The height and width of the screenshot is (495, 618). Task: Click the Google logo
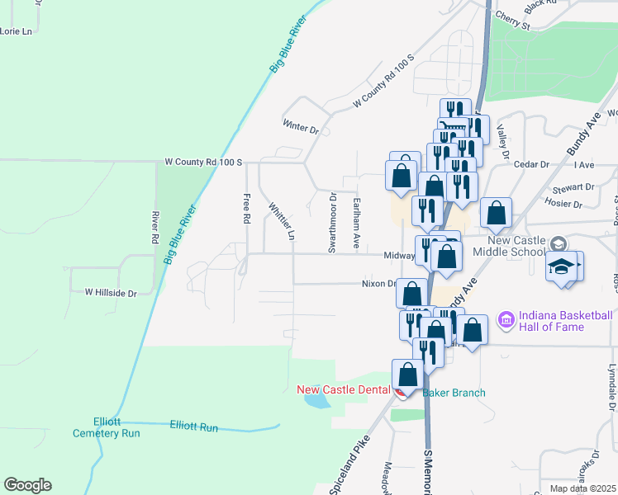point(27,485)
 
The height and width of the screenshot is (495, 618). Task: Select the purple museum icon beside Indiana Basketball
point(506,318)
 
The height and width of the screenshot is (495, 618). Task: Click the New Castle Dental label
point(342,389)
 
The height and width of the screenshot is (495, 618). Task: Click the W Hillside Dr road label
point(110,292)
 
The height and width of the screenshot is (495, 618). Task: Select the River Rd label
point(154,226)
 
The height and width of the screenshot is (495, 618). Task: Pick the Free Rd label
point(246,210)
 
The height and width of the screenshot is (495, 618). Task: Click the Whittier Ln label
point(280,220)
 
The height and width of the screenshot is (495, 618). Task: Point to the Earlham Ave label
point(356,224)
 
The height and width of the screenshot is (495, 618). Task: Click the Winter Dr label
point(301,129)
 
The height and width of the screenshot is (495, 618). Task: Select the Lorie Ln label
point(17,31)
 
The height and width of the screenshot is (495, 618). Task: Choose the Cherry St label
point(512,21)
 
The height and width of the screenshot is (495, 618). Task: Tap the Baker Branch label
point(454,393)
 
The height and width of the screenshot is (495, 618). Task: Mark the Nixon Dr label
point(379,284)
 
